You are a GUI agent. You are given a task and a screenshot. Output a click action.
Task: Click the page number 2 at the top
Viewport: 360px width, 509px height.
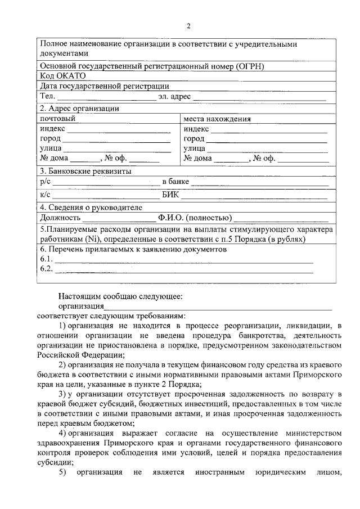point(189,26)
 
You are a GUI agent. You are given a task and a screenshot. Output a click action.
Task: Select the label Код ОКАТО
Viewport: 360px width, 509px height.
point(61,76)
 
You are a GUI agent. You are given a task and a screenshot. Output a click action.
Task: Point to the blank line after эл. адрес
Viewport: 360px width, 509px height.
point(259,98)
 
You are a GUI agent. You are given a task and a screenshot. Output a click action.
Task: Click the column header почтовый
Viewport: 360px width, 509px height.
point(57,119)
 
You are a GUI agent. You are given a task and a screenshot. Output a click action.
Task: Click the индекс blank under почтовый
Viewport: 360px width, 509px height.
point(119,129)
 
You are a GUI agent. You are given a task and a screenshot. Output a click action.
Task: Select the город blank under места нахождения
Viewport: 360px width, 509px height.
point(267,139)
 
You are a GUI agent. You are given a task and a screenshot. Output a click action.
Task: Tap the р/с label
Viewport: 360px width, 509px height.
point(46,182)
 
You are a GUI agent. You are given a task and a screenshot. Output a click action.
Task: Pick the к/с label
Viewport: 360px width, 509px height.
point(46,195)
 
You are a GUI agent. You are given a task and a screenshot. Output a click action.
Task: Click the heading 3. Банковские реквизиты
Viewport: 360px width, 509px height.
point(85,171)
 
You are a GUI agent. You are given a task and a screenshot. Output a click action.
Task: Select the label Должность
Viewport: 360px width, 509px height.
point(58,218)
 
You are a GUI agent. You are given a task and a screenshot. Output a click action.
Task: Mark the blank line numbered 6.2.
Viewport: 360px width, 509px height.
point(183,269)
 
